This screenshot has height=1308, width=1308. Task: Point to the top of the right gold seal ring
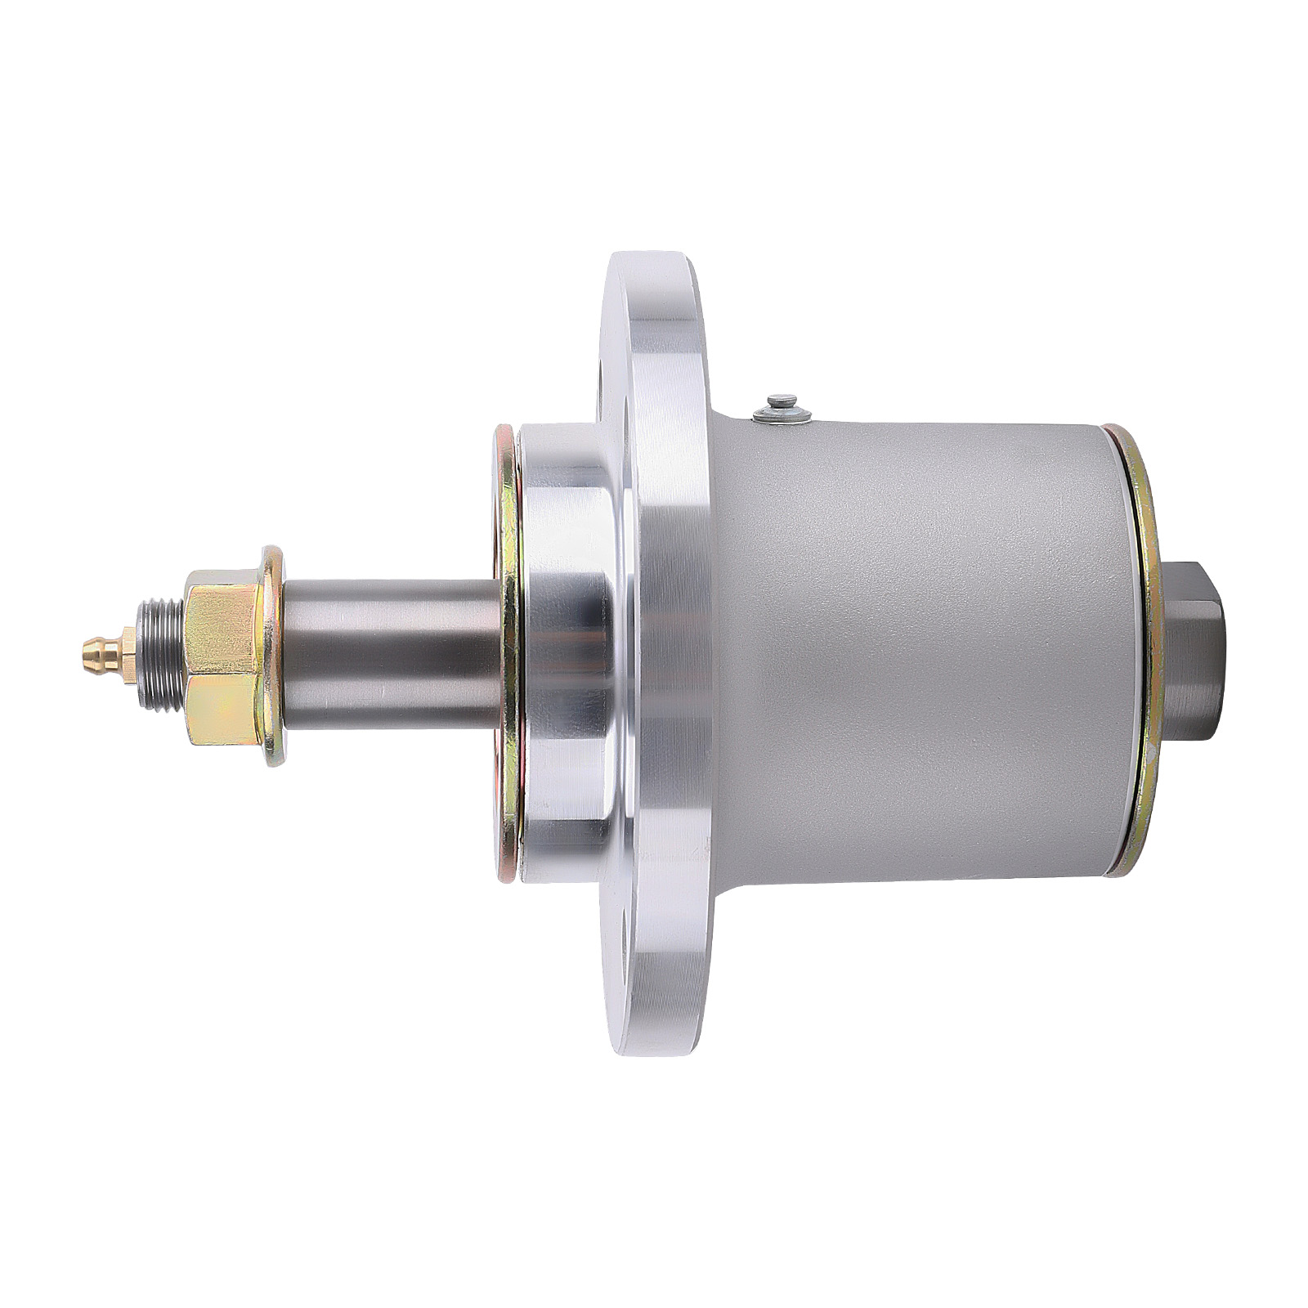tap(1115, 428)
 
